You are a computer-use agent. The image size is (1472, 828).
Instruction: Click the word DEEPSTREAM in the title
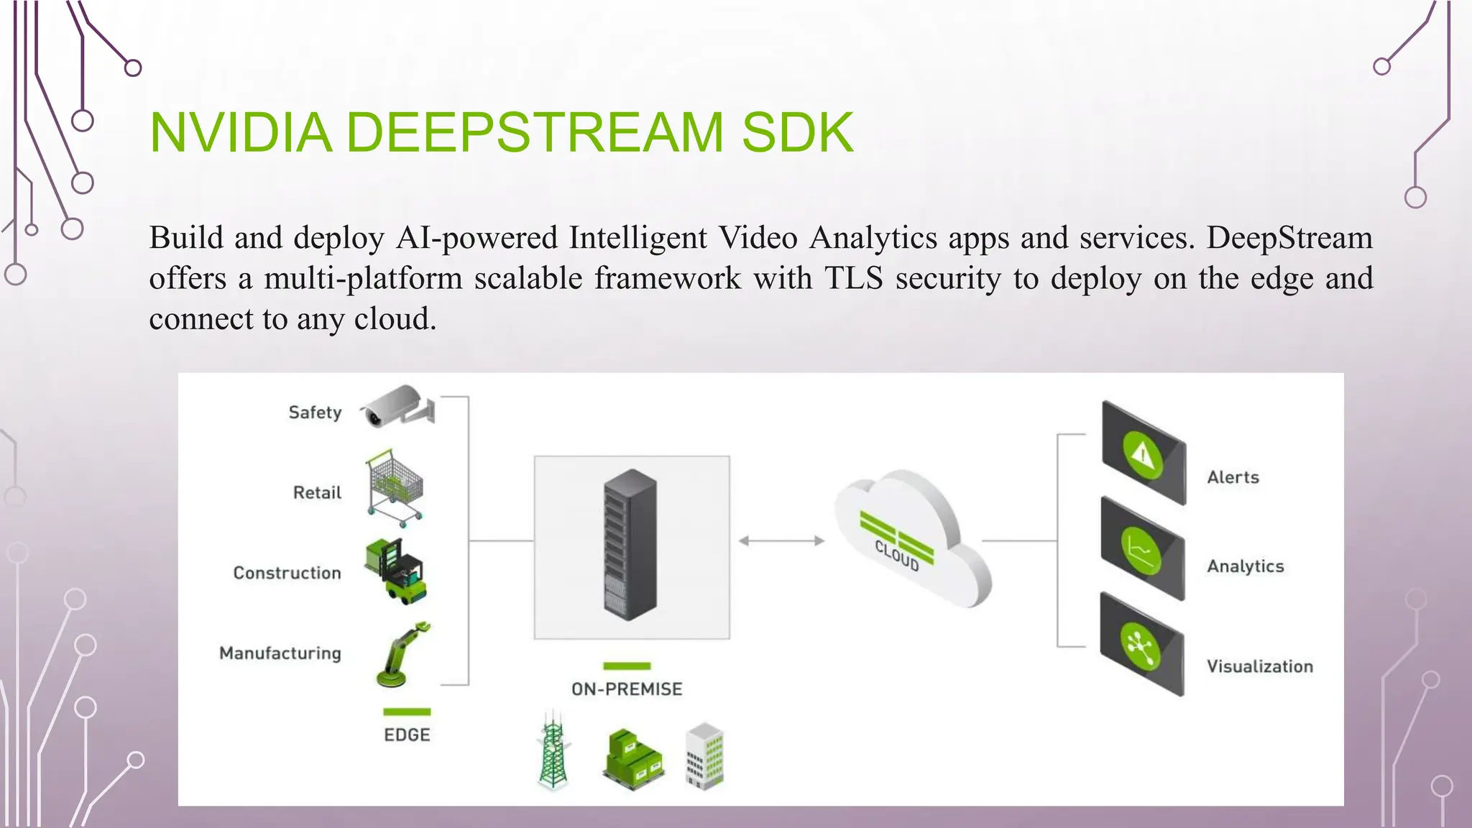(x=534, y=133)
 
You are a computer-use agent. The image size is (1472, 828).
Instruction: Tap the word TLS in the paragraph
(x=853, y=278)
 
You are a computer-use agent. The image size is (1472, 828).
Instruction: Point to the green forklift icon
(x=397, y=571)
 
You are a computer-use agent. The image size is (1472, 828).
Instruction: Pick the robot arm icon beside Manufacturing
(x=402, y=654)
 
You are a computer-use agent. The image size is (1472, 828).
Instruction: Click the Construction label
(x=287, y=573)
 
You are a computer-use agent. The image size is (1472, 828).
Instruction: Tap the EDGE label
(x=407, y=735)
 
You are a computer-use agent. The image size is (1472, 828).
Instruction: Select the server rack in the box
(x=630, y=544)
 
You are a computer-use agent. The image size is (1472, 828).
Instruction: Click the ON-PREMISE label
(x=627, y=689)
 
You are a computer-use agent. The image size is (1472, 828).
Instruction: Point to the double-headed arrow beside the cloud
(x=781, y=540)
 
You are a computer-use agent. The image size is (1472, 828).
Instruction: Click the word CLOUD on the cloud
(x=897, y=556)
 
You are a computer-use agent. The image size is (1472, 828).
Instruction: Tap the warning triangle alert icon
(x=1142, y=454)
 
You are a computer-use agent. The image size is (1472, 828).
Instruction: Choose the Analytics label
(x=1245, y=566)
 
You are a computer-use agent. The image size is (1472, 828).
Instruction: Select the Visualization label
(x=1259, y=666)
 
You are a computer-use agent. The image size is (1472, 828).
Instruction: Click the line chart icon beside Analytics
(x=1141, y=549)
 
